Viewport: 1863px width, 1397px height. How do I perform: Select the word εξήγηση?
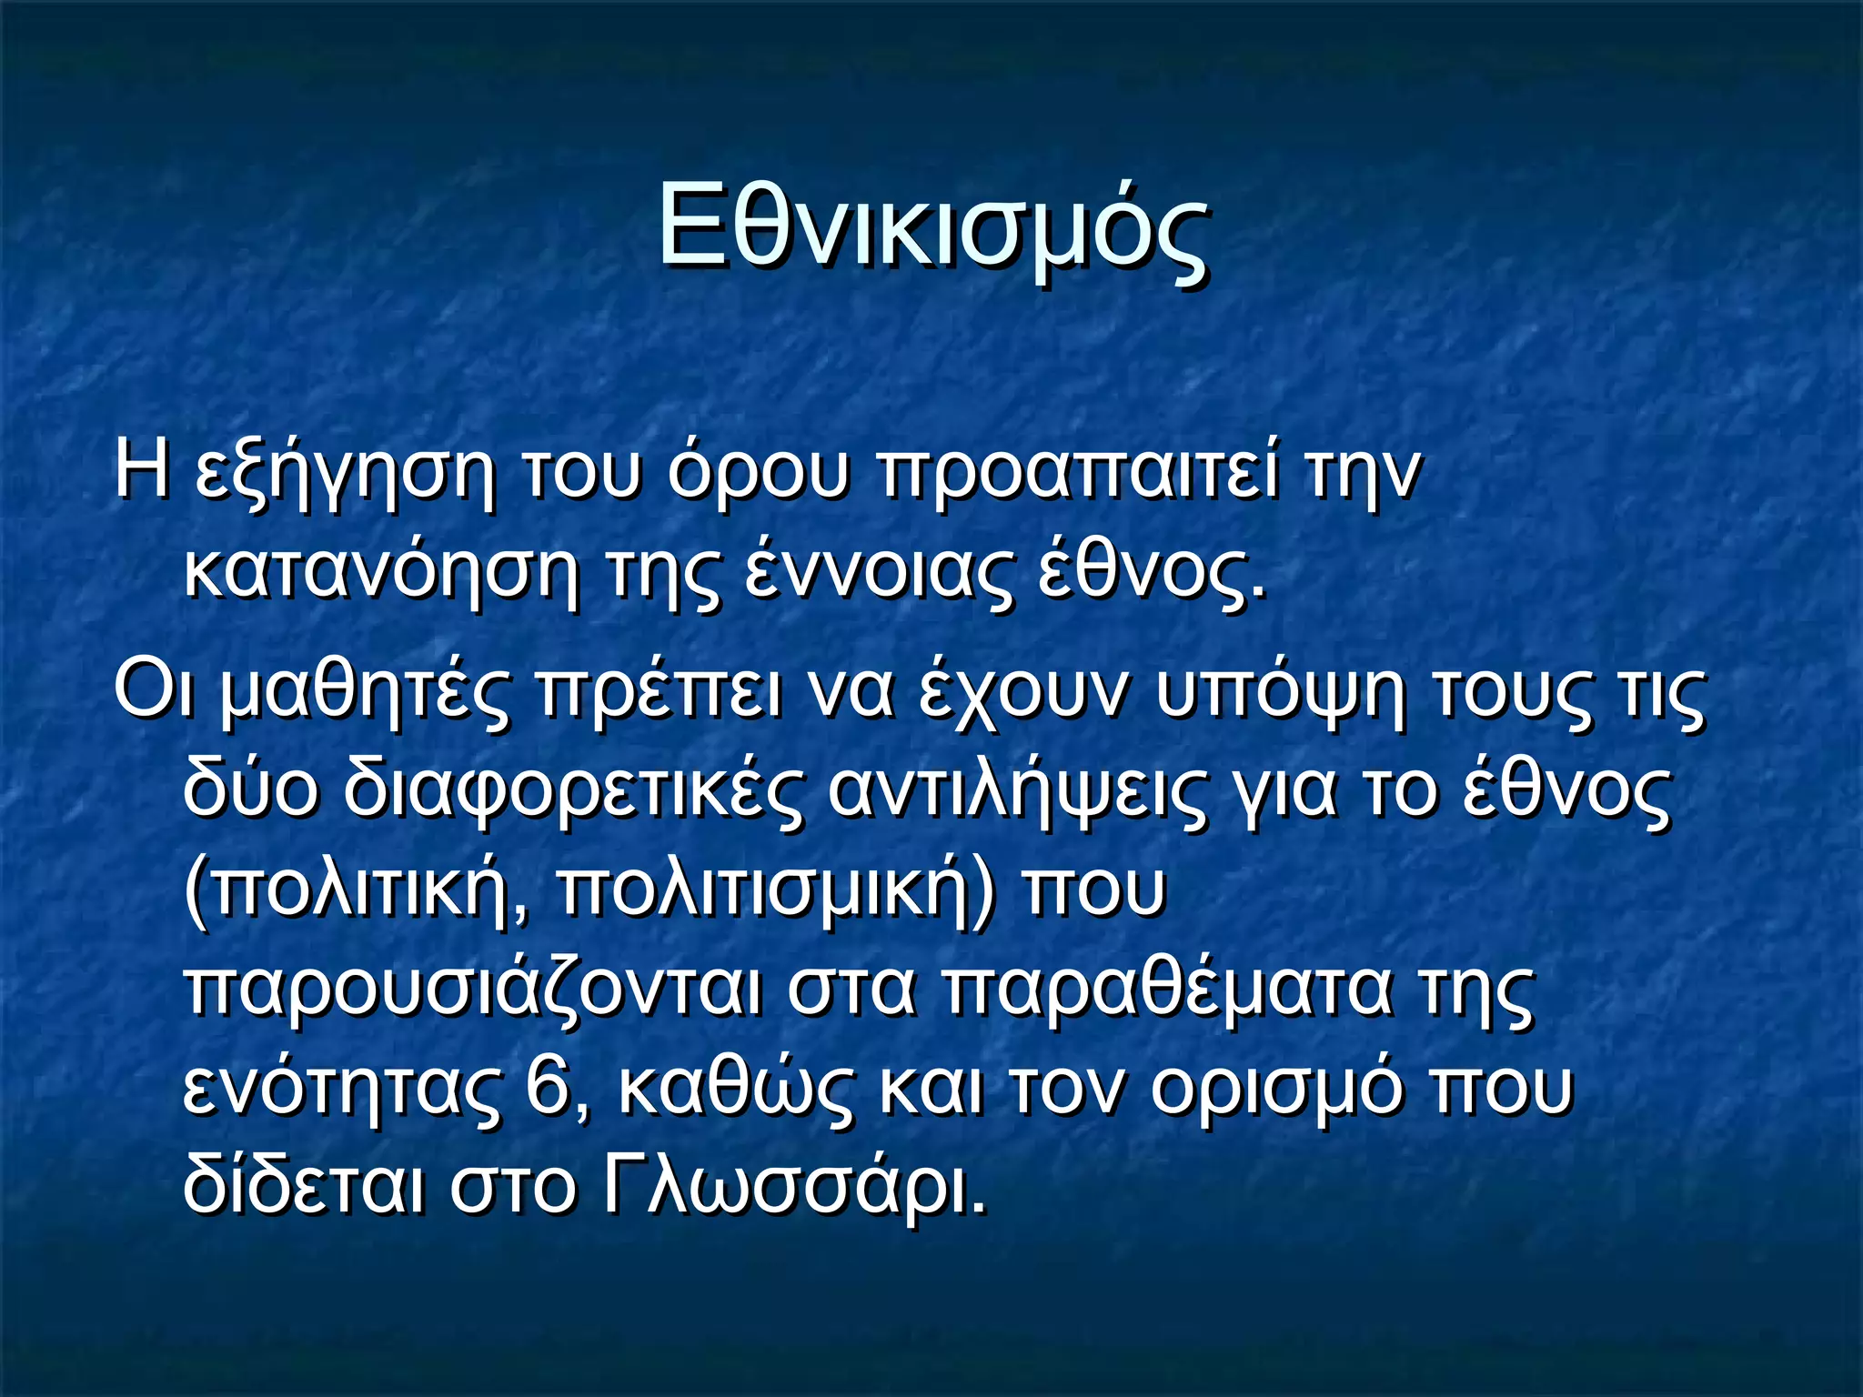346,475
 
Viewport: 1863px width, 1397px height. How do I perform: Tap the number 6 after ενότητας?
549,1088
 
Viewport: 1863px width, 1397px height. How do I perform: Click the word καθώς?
737,1088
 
